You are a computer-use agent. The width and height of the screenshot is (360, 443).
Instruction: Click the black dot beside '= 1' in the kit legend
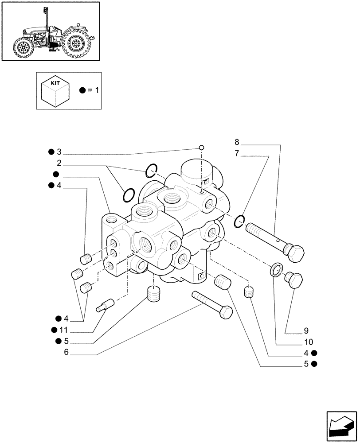[82, 90]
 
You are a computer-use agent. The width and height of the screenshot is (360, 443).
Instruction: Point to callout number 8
[237, 142]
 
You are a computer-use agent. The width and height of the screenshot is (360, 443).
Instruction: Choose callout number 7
[237, 154]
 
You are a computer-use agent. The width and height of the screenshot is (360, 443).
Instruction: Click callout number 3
[59, 152]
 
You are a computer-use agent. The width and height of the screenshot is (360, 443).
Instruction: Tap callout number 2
[59, 163]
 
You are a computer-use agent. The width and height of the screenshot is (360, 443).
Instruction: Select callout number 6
[67, 352]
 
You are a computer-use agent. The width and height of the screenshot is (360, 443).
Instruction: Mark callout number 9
[306, 330]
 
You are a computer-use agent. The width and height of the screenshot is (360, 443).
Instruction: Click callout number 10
[309, 342]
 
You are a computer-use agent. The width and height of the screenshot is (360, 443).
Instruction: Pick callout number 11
[64, 330]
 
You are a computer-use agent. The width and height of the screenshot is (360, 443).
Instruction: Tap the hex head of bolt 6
[226, 312]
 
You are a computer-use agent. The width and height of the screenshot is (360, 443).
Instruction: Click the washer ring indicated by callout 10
[276, 268]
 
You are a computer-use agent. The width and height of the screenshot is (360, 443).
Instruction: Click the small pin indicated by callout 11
[106, 305]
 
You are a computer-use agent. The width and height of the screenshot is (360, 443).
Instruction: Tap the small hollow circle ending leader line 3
[201, 148]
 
